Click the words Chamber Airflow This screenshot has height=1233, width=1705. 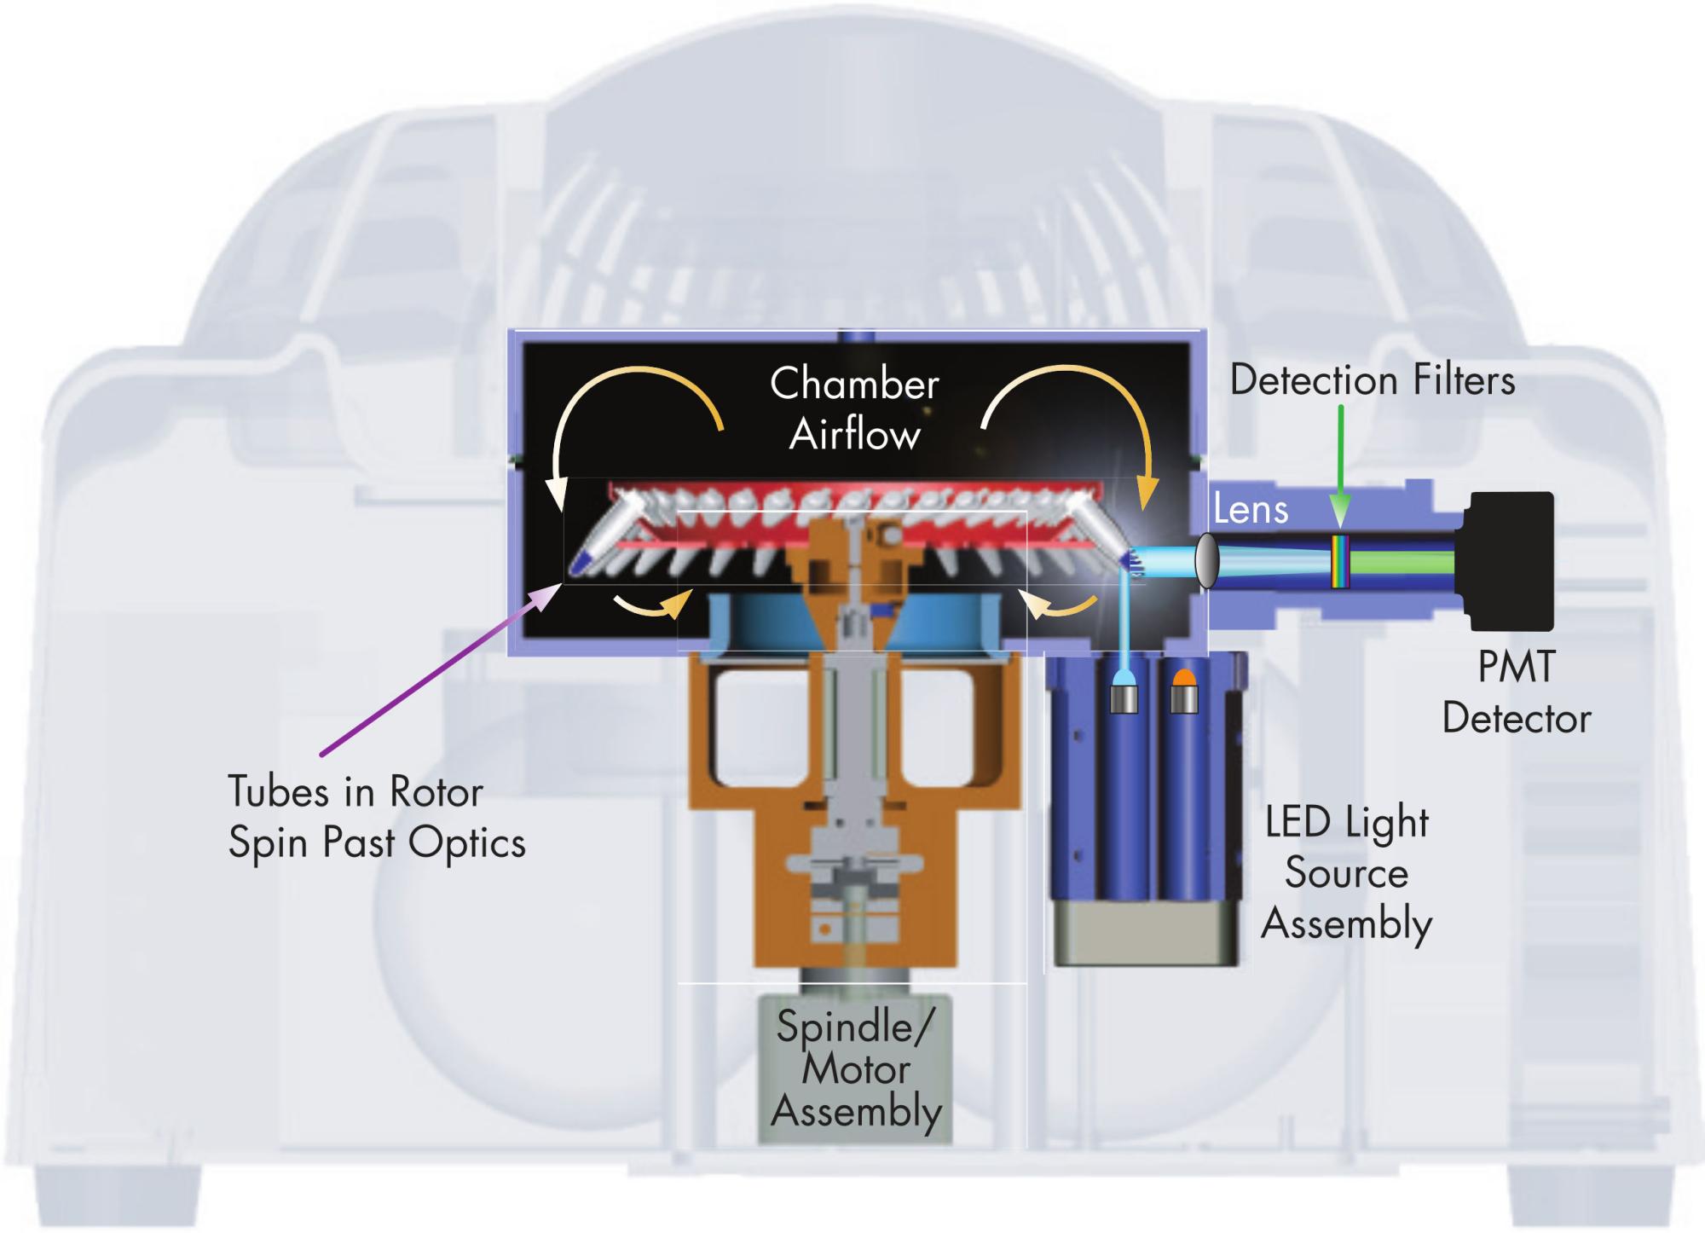tap(854, 408)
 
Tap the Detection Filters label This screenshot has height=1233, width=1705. tap(1373, 380)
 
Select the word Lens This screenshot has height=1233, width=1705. tap(1251, 510)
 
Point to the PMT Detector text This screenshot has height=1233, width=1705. tap(1516, 692)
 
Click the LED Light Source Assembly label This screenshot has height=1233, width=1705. tap(1347, 872)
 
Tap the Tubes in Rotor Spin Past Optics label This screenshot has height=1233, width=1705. tap(376, 817)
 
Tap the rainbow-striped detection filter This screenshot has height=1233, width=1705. tap(1340, 561)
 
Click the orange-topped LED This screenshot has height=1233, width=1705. tap(1184, 692)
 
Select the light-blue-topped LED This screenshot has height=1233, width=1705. tap(1124, 692)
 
